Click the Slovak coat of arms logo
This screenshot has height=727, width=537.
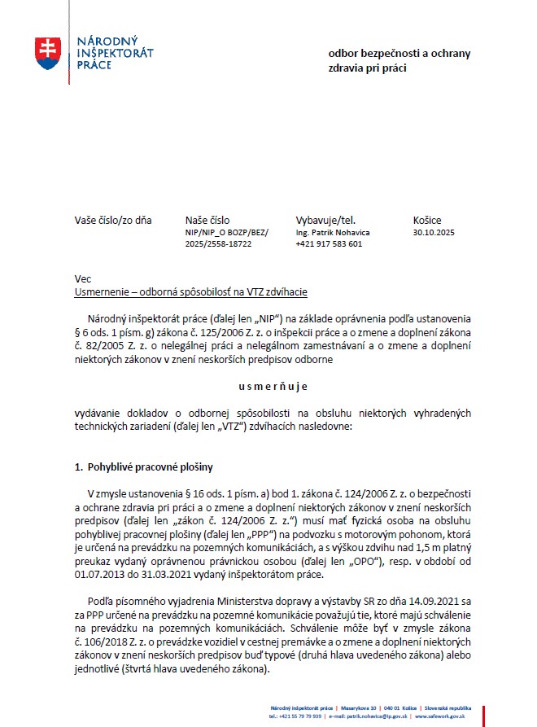tap(48, 52)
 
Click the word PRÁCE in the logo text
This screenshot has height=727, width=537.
tap(93, 64)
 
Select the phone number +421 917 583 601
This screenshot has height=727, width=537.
tap(329, 244)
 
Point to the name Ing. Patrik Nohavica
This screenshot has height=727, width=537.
tap(332, 233)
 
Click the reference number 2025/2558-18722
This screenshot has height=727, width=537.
tap(218, 244)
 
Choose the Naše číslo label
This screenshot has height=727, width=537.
tap(207, 220)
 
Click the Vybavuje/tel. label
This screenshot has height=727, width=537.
tap(325, 220)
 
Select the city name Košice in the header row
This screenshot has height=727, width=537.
tap(427, 220)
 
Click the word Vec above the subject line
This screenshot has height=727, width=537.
tap(82, 279)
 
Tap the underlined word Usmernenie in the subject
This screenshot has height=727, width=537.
tap(103, 291)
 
